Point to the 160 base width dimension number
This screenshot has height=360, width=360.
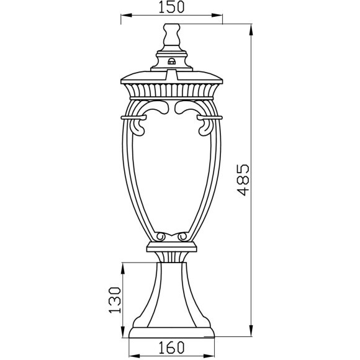click(171, 349)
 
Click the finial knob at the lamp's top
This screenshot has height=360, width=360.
click(171, 34)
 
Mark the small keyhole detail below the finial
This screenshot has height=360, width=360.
click(171, 60)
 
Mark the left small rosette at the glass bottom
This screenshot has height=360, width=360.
click(160, 237)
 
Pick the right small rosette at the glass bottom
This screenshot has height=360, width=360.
click(183, 237)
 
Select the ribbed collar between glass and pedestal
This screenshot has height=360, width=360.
click(171, 254)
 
